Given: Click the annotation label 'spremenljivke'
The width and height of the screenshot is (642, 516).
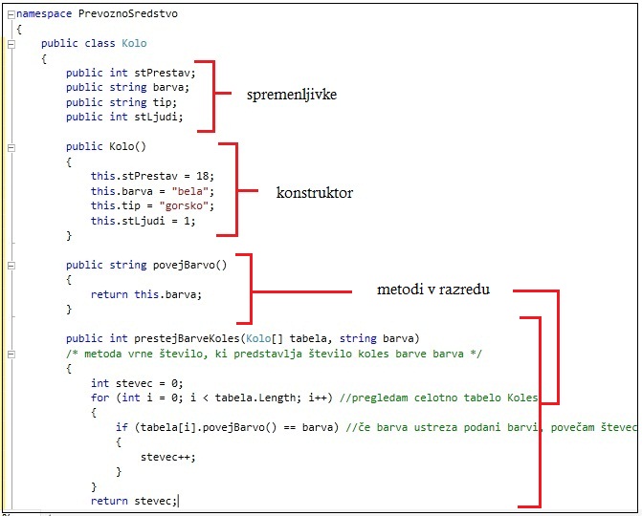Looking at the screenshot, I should [292, 96].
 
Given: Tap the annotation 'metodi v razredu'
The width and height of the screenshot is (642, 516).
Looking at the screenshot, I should [433, 290].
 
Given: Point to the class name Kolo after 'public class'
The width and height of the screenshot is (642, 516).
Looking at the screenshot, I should [134, 44].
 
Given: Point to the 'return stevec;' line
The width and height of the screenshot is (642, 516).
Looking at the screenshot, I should [134, 500].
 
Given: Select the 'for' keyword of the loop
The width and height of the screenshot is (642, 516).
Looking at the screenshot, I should [100, 398].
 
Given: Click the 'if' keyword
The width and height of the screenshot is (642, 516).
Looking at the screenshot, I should [121, 427].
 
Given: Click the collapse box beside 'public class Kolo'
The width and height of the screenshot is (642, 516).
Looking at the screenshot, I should [11, 44].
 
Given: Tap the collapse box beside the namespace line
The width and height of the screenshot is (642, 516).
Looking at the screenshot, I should [11, 14].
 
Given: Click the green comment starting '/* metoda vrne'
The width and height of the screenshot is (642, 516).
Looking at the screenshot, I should [268, 354].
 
